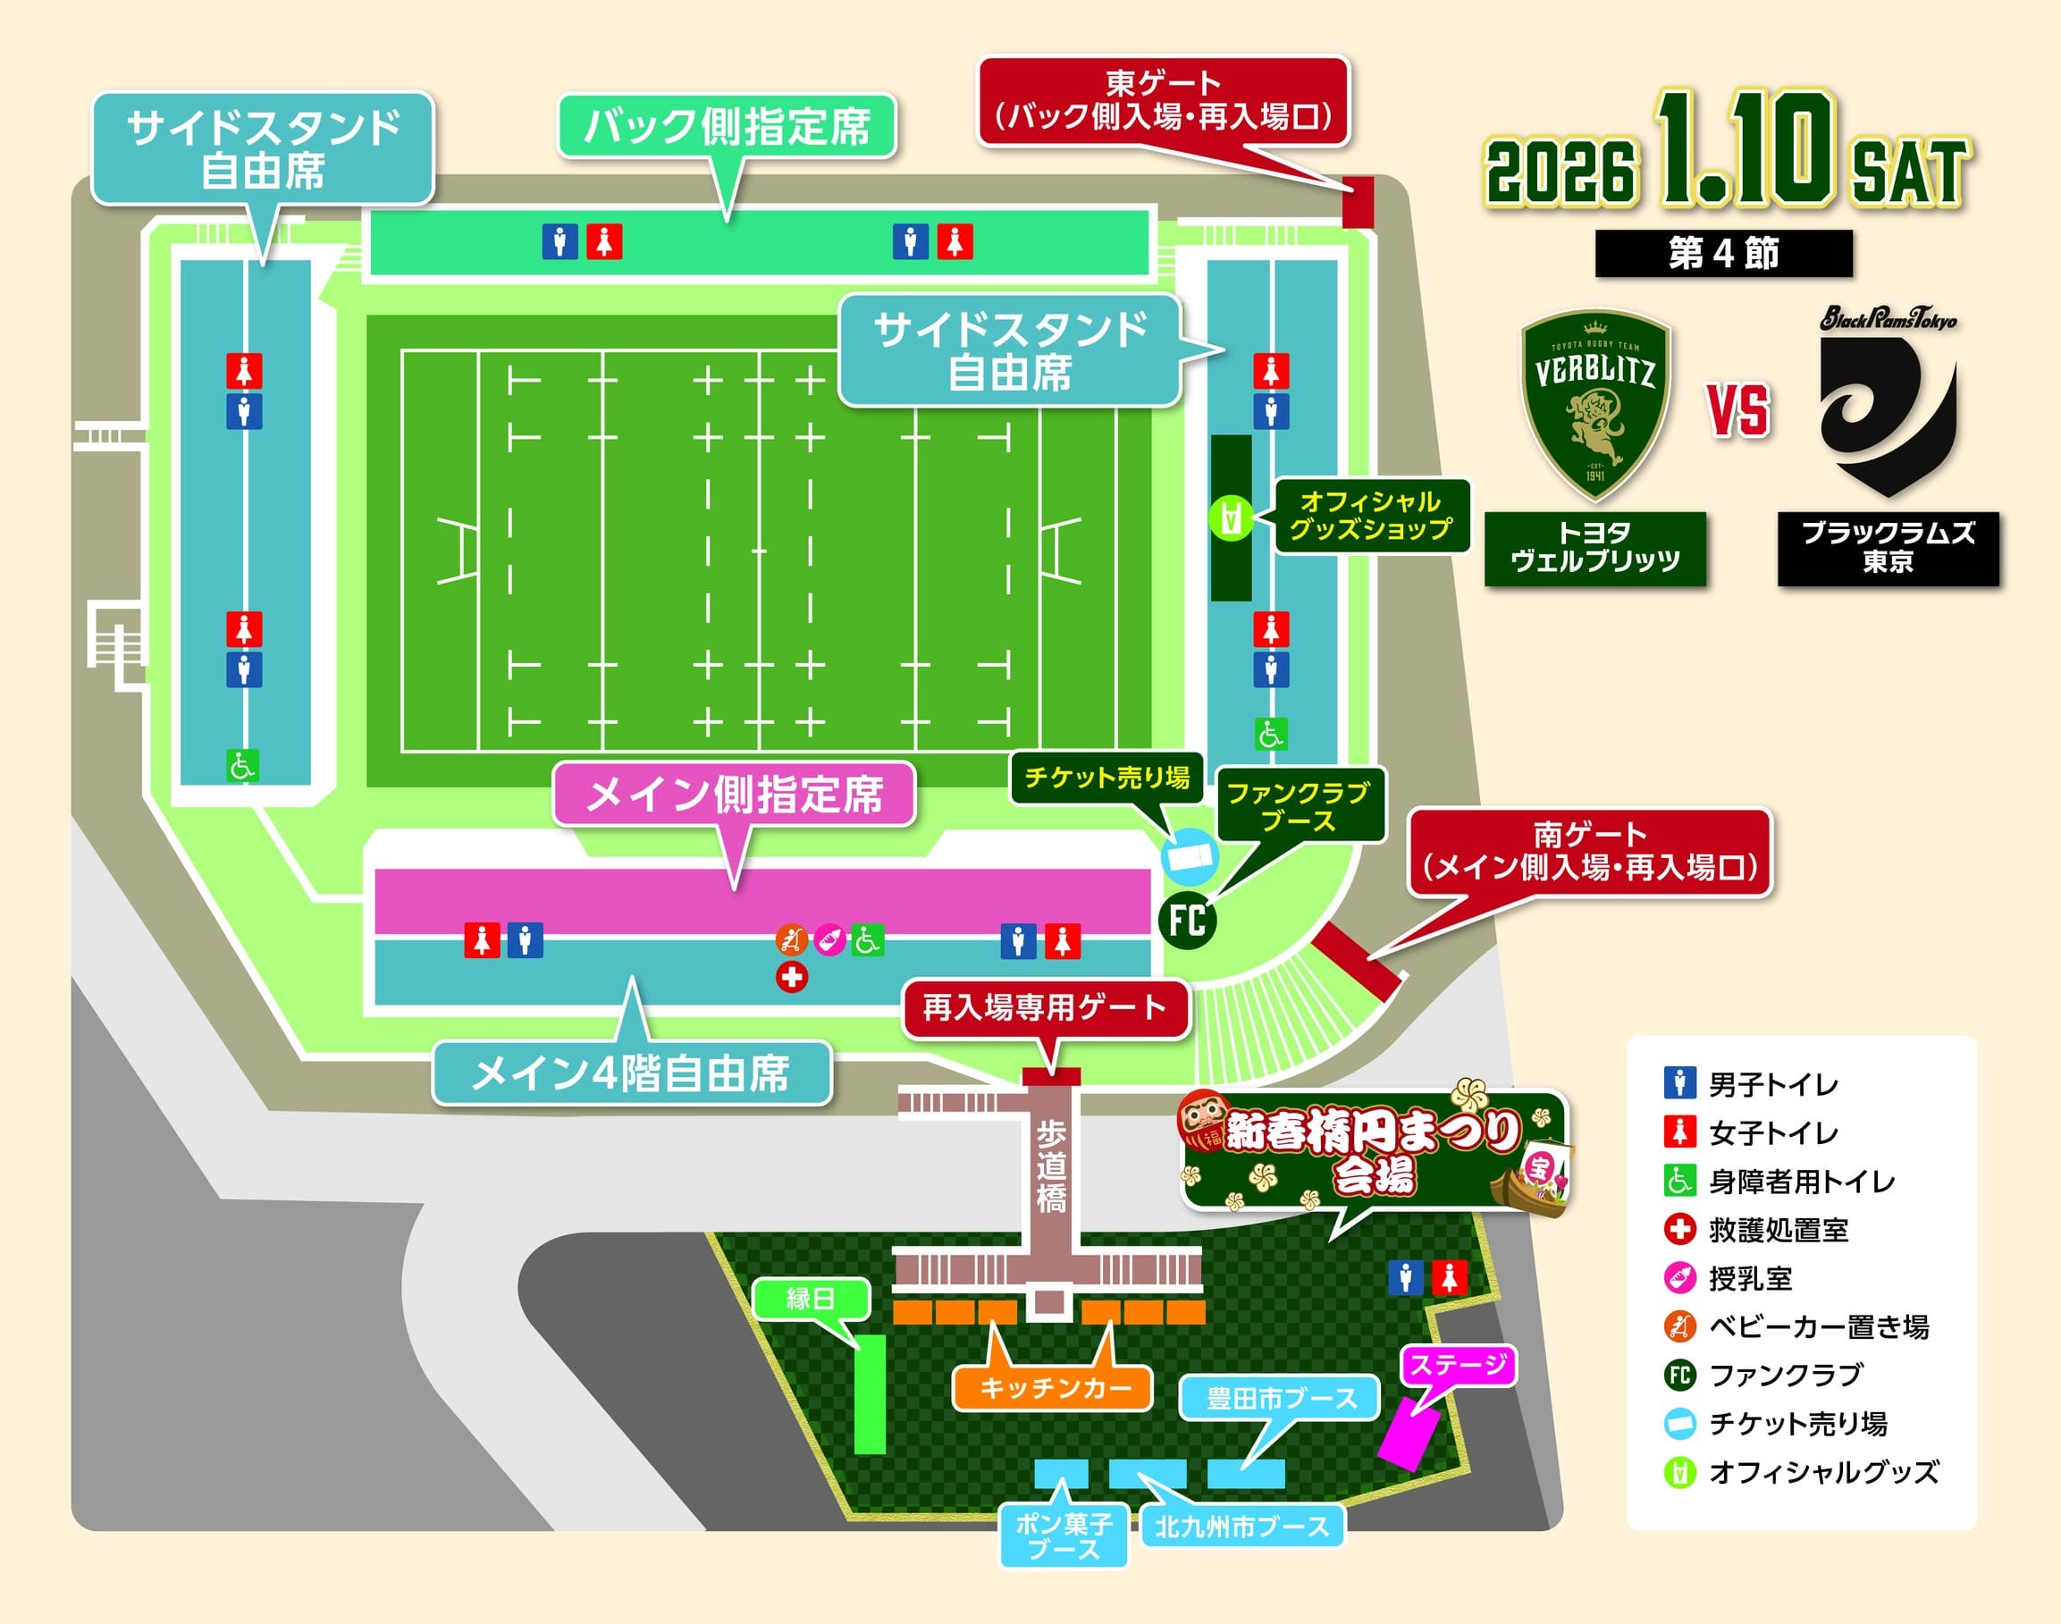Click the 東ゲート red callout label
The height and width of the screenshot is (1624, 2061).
(1164, 101)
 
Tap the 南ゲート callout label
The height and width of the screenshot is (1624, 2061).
(1589, 851)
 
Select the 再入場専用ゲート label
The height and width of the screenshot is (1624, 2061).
(1045, 1007)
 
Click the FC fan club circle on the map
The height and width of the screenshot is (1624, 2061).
(1188, 921)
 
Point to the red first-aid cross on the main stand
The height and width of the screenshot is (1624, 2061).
(792, 977)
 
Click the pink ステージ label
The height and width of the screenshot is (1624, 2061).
(1459, 1366)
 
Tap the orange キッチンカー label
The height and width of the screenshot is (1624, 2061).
(1055, 1388)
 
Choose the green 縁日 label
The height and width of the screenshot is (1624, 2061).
(811, 1299)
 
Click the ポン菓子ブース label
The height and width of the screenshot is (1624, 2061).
(1064, 1536)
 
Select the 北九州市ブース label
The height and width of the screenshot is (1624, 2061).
(1241, 1527)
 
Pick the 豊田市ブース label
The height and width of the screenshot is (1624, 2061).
(1281, 1399)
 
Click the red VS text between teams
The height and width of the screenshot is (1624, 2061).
(1739, 411)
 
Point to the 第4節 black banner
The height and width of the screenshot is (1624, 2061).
(1723, 254)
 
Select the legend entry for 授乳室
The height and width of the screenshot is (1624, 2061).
(1750, 1279)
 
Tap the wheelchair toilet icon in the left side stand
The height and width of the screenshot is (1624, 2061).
(242, 765)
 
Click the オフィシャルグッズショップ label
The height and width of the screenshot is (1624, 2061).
(1370, 516)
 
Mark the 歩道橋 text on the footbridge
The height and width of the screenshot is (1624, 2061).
(1050, 1166)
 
